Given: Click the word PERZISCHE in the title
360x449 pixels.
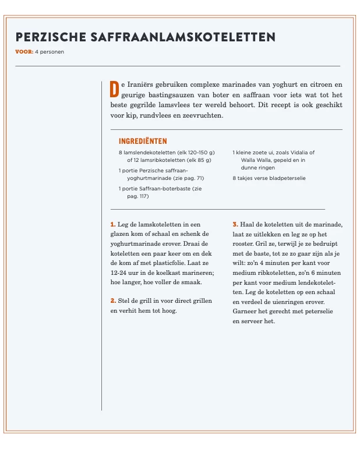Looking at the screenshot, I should (51, 37).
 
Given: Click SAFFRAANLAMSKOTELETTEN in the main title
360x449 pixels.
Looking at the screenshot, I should (183, 37).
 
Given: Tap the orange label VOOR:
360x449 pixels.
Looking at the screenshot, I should (24, 52).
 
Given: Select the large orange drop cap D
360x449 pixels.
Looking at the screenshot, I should (114, 89).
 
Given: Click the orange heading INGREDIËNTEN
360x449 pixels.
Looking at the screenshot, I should (143, 142).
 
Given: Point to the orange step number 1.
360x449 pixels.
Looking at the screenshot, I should (112, 224).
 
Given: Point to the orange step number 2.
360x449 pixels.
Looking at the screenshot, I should (112, 301).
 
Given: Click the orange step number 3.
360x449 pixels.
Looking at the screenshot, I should (235, 224).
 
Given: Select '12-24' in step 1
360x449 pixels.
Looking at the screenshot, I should (119, 273).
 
